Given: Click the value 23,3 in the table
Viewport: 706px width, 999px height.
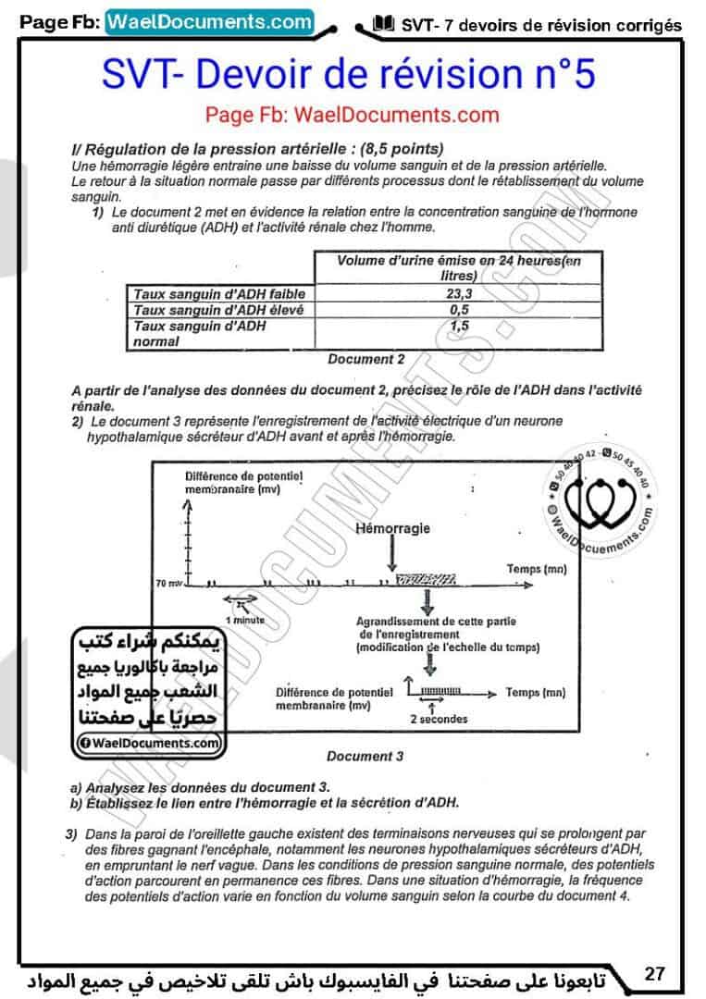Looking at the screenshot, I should point(452,293).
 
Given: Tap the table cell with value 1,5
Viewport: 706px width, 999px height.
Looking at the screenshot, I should point(452,326).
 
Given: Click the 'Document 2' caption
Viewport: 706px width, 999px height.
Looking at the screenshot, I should point(365,359).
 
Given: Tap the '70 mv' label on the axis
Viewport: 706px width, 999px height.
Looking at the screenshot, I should point(169,585).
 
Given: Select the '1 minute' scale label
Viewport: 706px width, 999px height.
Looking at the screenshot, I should point(245,620).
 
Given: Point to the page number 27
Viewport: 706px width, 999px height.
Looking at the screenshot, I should point(655,973).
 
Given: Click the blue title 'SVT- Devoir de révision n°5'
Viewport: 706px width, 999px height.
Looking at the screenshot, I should point(348,75).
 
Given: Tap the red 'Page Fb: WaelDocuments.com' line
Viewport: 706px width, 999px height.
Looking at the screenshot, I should point(352,116).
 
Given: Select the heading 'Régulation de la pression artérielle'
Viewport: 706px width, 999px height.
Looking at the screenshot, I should point(250,149).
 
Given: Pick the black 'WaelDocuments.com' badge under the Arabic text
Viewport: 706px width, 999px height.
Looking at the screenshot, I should point(149,742).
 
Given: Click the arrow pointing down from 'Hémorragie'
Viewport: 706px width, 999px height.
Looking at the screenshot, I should point(393,555).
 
